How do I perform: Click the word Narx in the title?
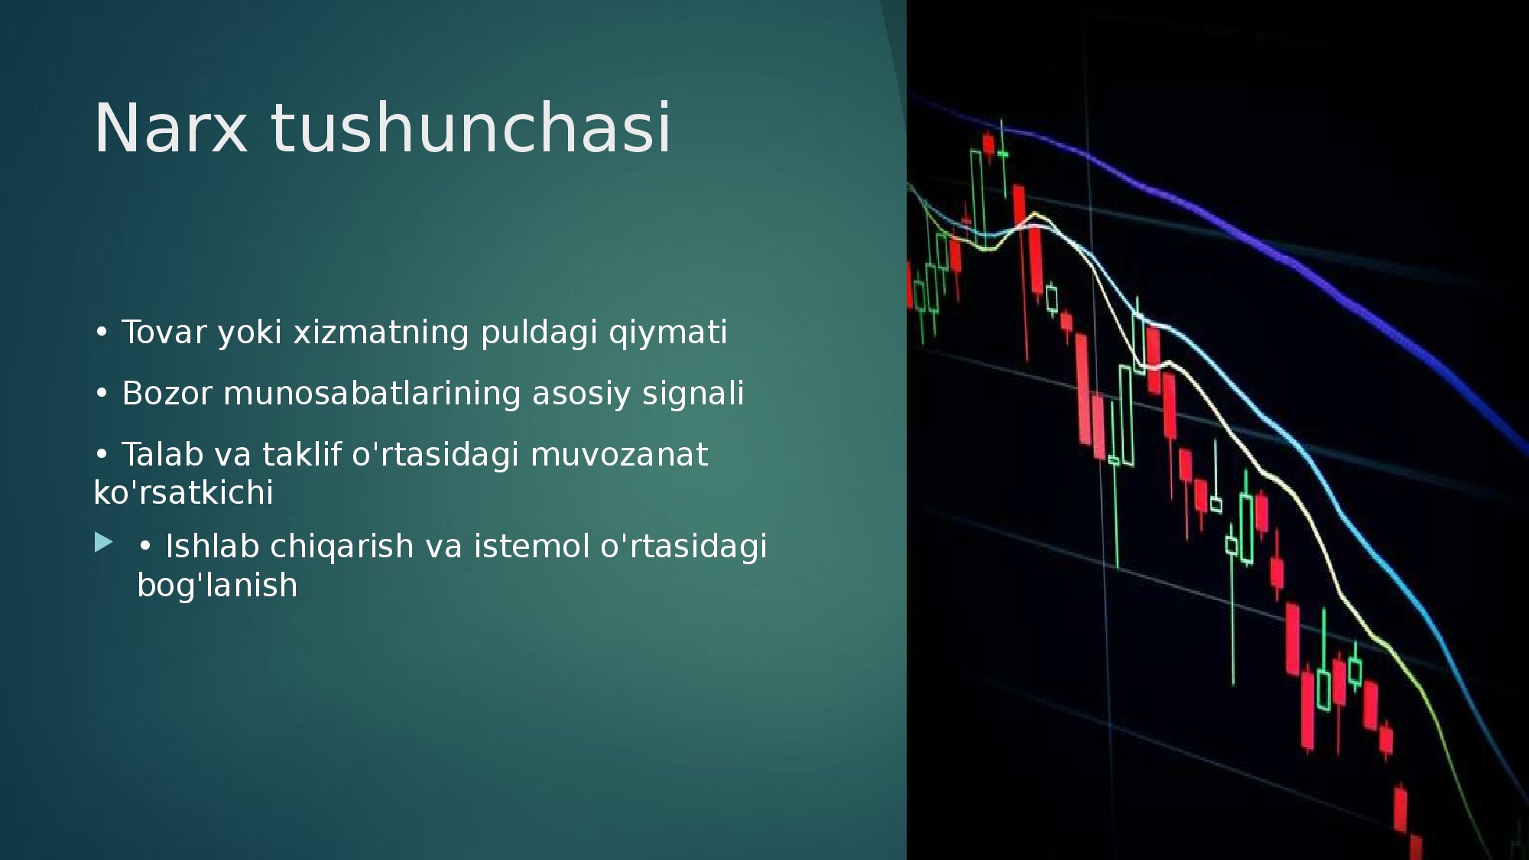point(170,128)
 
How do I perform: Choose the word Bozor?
point(167,394)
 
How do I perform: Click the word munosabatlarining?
point(372,394)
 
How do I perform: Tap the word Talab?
point(162,455)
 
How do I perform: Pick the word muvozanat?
point(619,456)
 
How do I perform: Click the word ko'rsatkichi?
point(183,493)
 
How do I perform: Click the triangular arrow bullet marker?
point(104,543)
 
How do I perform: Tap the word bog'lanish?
point(217,586)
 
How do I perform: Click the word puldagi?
point(539,333)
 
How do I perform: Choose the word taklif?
point(301,455)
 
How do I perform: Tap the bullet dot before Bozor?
point(102,394)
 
